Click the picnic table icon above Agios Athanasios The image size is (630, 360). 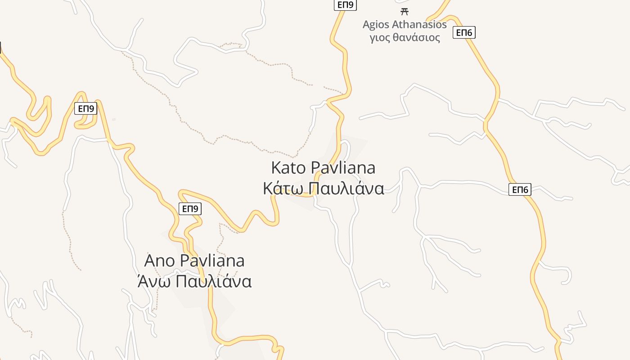point(404,11)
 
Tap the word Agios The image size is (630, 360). point(376,24)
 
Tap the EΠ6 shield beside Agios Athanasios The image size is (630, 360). point(464,32)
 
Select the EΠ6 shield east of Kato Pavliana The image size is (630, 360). point(520,189)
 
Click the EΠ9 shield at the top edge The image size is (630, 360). point(345,5)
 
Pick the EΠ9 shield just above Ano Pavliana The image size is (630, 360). point(190,209)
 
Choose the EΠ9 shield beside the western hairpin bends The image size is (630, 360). point(85,108)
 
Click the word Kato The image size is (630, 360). point(288,168)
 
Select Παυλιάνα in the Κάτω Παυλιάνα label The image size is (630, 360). point(346,188)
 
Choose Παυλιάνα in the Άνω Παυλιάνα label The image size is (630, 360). point(213,281)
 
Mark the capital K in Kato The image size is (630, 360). point(276,168)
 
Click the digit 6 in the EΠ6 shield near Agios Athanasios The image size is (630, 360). point(470,32)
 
